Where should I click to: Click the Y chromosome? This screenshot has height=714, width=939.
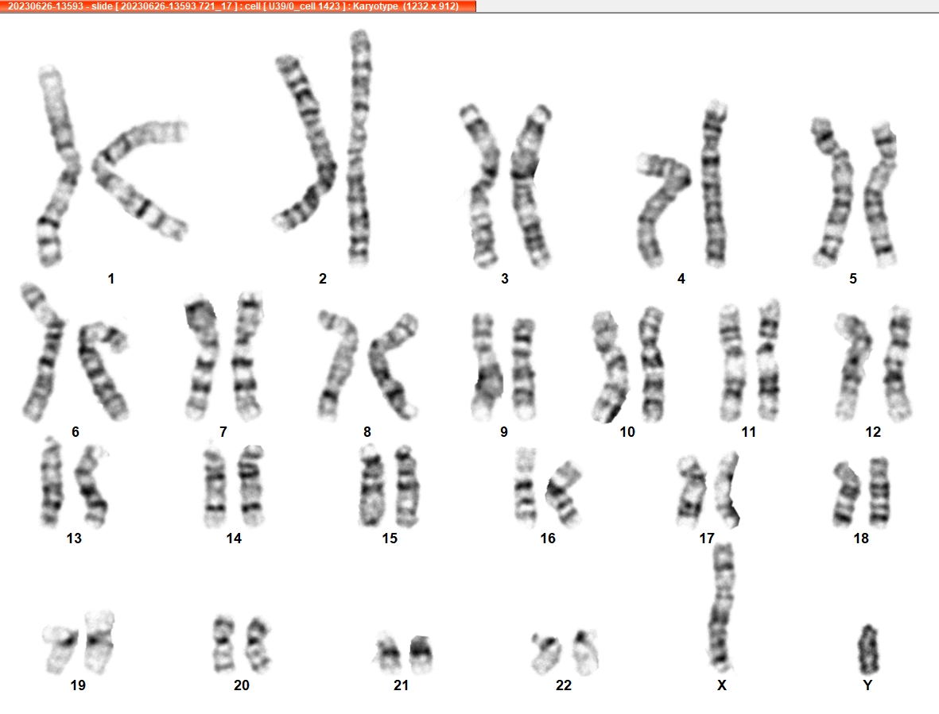click(x=868, y=649)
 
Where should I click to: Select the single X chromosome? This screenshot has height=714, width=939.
click(x=722, y=607)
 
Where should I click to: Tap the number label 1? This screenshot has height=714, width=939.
click(x=111, y=279)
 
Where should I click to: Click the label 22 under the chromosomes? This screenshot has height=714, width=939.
click(x=564, y=685)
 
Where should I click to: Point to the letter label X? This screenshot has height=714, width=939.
click(x=722, y=685)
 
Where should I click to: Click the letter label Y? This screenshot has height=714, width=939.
click(x=867, y=685)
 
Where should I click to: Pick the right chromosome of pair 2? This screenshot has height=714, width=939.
click(x=359, y=148)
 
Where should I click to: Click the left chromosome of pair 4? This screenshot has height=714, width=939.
click(x=662, y=206)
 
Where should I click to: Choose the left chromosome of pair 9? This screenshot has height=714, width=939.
click(x=487, y=366)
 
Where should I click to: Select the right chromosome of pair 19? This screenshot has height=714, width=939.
click(x=99, y=642)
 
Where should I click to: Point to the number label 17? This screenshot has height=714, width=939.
click(x=707, y=538)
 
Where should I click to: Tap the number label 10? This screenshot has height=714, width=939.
click(x=627, y=432)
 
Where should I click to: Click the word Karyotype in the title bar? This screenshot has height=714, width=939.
click(x=375, y=6)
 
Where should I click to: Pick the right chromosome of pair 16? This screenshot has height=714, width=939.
click(x=564, y=492)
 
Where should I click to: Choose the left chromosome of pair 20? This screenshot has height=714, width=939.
click(x=223, y=645)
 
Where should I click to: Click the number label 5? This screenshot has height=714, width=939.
click(x=853, y=279)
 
